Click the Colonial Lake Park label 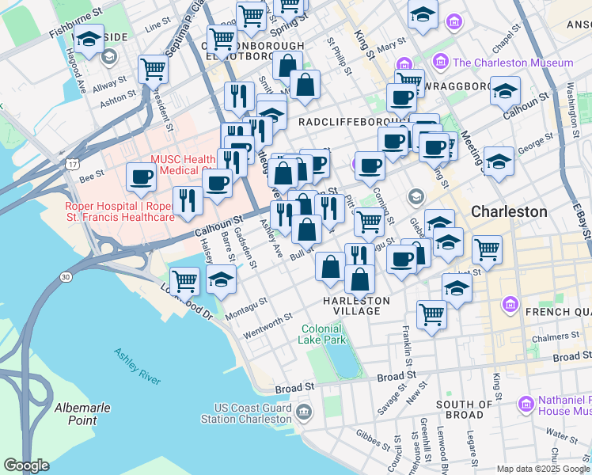point(321,334)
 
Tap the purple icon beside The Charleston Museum point(441,63)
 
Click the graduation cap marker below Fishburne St point(89,39)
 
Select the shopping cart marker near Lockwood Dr point(184,279)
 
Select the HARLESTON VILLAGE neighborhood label point(356,306)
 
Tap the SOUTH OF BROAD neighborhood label point(465,409)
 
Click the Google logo point(27,465)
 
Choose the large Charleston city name point(509,211)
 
